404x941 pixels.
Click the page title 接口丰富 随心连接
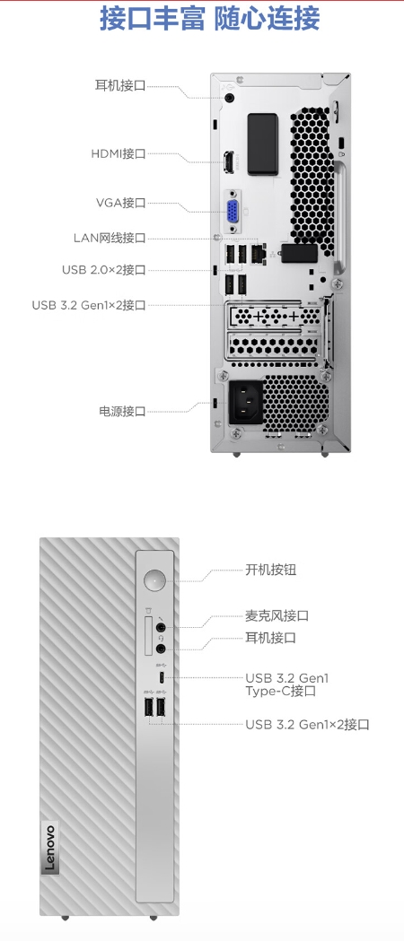[209, 19]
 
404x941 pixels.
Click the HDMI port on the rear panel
[229, 162]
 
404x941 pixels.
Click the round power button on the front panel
[155, 580]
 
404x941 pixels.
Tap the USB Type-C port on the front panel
[162, 677]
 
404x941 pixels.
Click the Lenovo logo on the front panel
[48, 849]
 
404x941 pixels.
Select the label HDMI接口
[119, 153]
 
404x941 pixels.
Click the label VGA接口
[120, 202]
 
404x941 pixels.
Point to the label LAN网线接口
[110, 239]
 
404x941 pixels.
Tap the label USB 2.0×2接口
[104, 269]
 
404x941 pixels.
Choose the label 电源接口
[122, 411]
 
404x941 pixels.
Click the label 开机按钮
[271, 570]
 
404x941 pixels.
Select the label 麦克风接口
[277, 615]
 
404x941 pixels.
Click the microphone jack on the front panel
[161, 627]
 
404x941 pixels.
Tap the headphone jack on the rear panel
[230, 97]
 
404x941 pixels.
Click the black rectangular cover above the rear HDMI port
[263, 144]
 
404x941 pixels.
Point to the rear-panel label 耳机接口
[120, 86]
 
